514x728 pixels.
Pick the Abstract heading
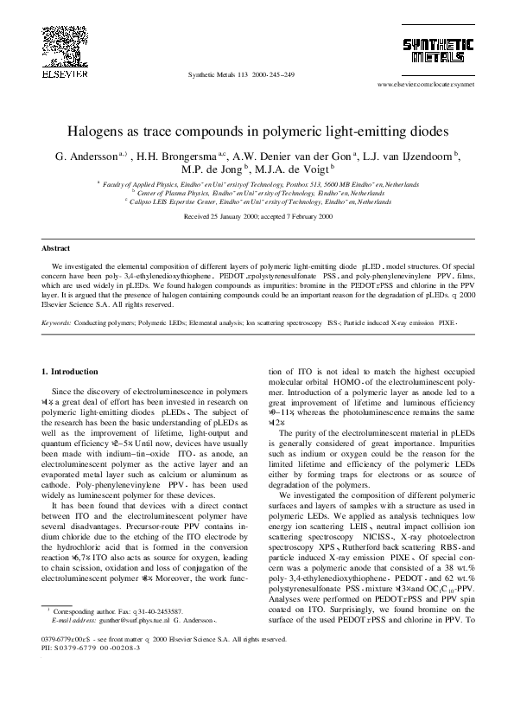(x=56, y=246)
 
